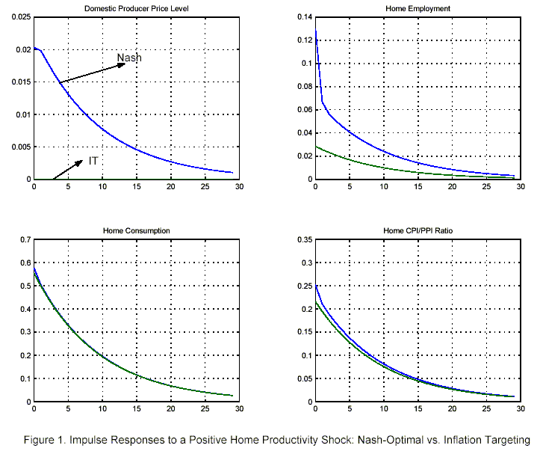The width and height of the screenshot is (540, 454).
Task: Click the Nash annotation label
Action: (x=129, y=58)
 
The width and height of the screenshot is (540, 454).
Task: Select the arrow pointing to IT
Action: (x=67, y=171)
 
